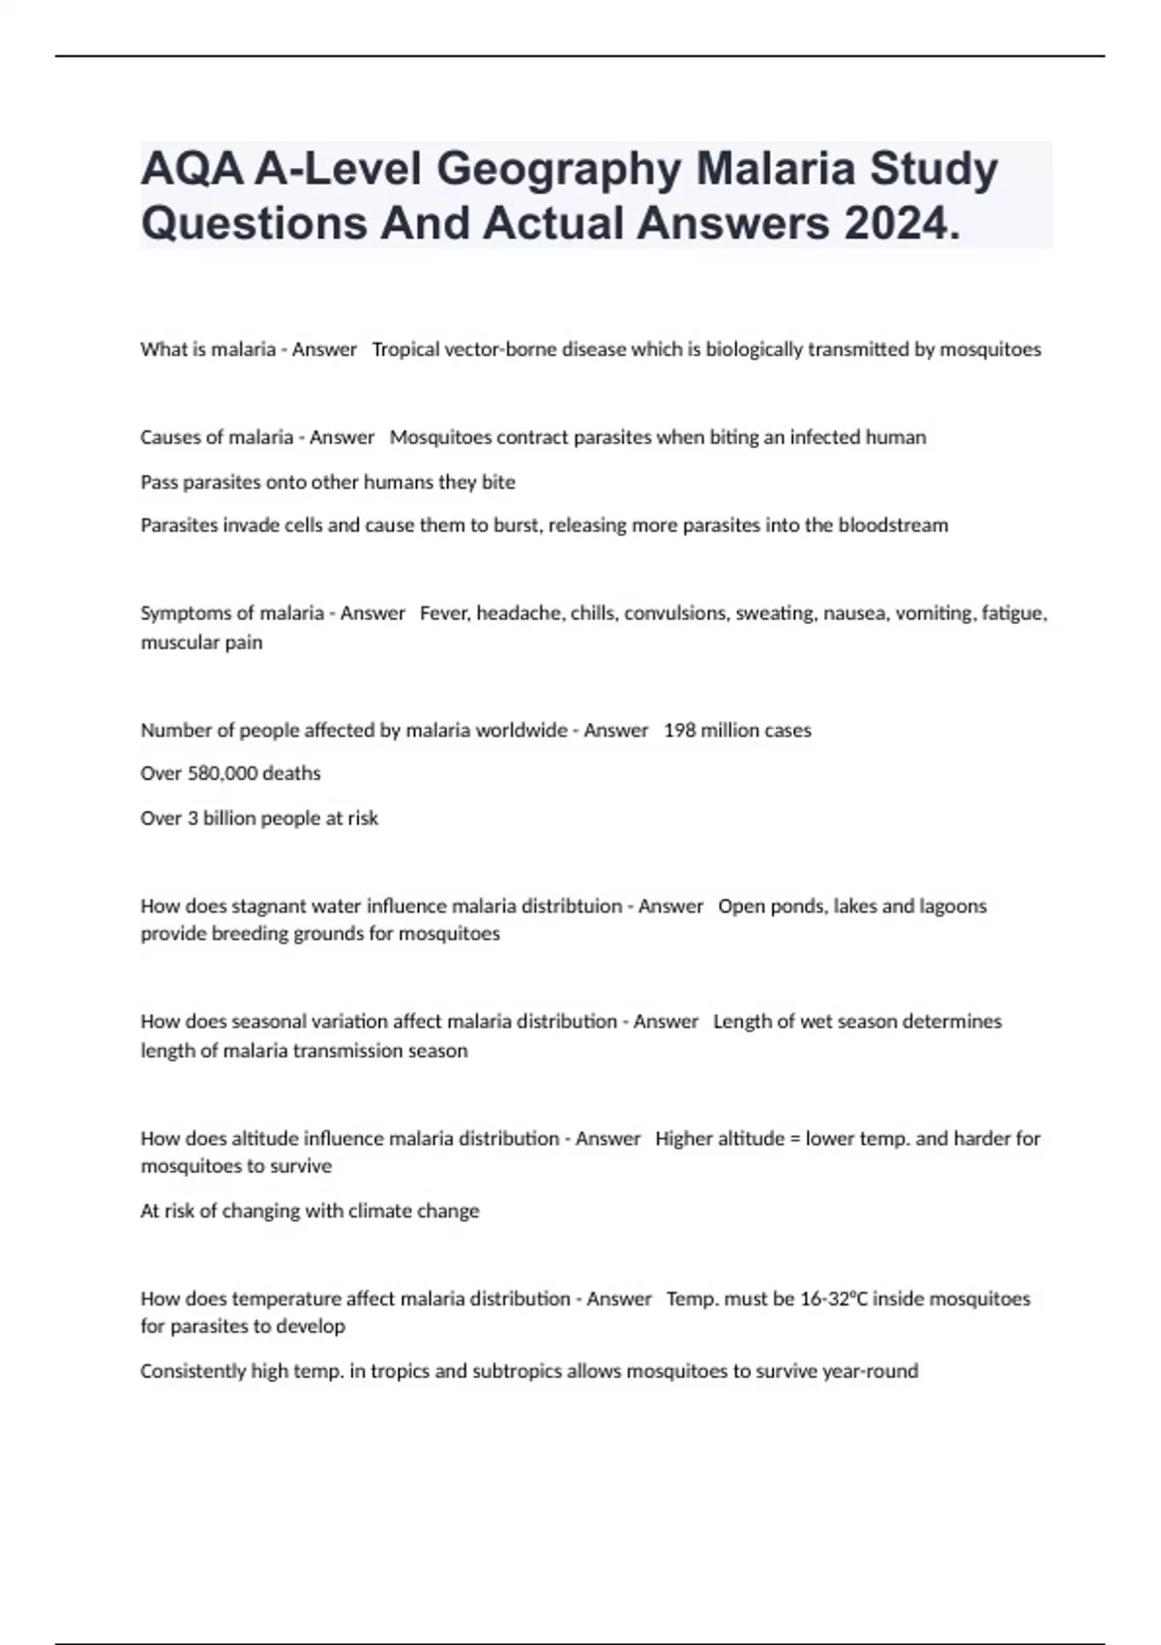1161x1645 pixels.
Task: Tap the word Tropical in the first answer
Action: pos(404,349)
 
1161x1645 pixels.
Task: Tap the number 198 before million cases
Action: pos(679,731)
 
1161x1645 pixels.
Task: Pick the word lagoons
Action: pos(953,907)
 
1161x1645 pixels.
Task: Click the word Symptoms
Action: pos(185,613)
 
